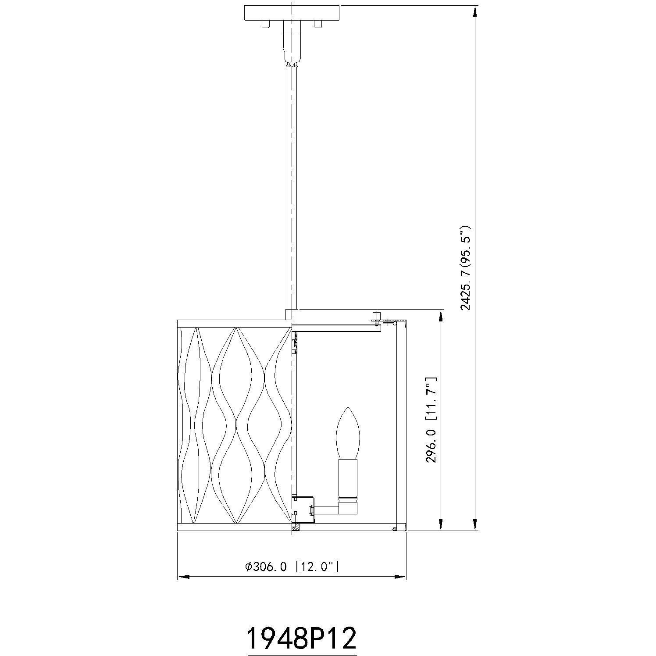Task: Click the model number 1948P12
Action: coord(301,626)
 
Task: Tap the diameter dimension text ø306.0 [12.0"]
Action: coord(292,567)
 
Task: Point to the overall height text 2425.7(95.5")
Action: coord(465,268)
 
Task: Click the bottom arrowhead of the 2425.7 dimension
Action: coord(475,524)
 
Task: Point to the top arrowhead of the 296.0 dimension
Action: coord(440,316)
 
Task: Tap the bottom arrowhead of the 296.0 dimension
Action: coord(440,524)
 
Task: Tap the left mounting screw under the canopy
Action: coord(265,24)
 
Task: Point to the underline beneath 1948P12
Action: coord(301,642)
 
